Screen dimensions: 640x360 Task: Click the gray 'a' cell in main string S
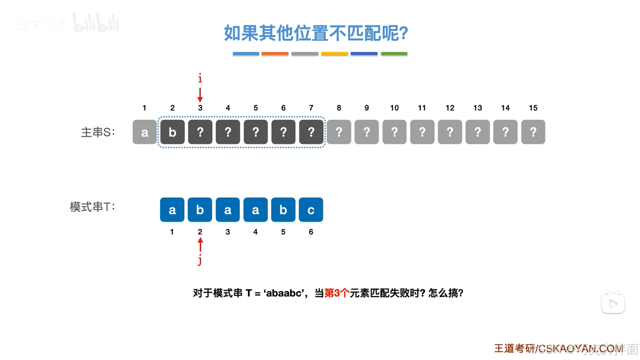click(x=144, y=132)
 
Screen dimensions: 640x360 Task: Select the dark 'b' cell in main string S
click(x=172, y=132)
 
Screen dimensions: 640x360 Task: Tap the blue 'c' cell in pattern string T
click(x=311, y=210)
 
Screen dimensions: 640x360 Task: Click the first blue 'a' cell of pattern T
click(x=172, y=210)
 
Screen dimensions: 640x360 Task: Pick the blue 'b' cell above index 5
click(x=283, y=210)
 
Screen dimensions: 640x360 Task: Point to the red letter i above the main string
click(x=200, y=78)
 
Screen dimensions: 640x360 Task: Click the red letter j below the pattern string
click(x=200, y=260)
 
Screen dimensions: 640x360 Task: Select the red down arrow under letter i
click(x=200, y=95)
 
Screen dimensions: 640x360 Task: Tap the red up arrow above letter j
click(x=200, y=245)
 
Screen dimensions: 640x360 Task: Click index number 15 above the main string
click(x=533, y=108)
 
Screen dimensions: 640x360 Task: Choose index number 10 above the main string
click(x=394, y=108)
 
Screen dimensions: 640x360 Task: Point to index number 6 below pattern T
click(x=311, y=232)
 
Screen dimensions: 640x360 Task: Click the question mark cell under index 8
click(x=339, y=132)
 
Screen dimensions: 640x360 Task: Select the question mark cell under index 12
click(x=450, y=132)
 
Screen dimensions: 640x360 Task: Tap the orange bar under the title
click(x=275, y=54)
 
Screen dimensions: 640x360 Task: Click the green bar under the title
click(x=394, y=54)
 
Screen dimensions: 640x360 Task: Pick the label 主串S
click(x=98, y=132)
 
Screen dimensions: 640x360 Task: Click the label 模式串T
click(x=92, y=207)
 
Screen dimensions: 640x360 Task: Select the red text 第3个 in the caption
click(x=337, y=293)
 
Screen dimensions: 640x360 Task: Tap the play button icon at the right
click(x=613, y=304)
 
